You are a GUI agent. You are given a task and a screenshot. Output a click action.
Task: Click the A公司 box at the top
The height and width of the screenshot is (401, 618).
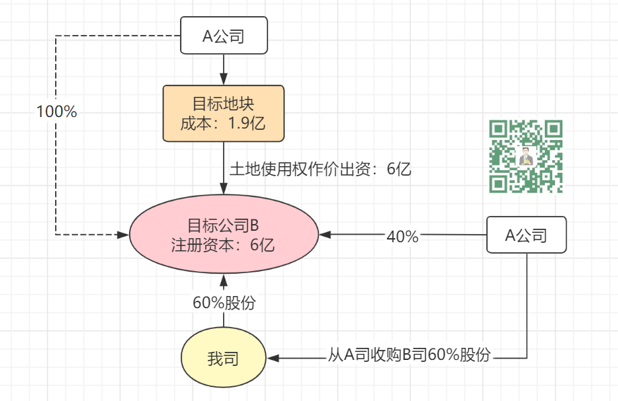(224, 36)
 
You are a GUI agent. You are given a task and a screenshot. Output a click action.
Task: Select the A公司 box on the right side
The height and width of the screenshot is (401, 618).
(526, 235)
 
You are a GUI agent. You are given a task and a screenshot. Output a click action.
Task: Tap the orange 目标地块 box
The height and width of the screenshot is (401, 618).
(224, 113)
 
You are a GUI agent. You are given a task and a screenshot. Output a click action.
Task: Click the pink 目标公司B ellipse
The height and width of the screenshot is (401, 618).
(223, 234)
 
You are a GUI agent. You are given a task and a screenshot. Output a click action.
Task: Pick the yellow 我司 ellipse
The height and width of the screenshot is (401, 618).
(223, 358)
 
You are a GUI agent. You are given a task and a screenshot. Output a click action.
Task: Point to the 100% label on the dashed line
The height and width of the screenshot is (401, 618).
(56, 112)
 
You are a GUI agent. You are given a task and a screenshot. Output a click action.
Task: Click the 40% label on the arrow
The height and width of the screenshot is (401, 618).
(402, 235)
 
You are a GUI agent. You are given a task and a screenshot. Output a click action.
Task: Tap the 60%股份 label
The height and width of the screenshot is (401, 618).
(224, 303)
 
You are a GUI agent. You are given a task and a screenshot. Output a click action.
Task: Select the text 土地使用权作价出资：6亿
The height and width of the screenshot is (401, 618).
(320, 169)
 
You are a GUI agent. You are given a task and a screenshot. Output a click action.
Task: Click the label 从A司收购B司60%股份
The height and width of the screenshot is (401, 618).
(409, 355)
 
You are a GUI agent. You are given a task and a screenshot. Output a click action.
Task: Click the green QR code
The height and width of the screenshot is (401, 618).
(526, 156)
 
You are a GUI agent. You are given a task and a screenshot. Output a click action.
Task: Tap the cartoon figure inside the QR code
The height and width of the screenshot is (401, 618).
(527, 157)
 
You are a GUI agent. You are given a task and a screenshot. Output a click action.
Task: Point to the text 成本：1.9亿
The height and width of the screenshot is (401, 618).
(224, 124)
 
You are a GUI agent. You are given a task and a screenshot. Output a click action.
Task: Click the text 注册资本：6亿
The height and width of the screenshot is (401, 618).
(223, 245)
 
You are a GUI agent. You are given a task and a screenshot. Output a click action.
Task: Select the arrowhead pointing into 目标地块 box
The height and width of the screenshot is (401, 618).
(224, 80)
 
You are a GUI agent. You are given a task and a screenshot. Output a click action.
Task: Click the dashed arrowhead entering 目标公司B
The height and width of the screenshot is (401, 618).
(123, 235)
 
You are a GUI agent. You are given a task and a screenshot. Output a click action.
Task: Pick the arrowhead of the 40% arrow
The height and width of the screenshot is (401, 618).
(325, 235)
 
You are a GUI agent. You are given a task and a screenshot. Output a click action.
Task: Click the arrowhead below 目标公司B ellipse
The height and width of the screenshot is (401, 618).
(224, 279)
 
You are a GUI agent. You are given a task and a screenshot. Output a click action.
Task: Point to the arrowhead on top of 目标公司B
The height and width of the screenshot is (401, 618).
(224, 189)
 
